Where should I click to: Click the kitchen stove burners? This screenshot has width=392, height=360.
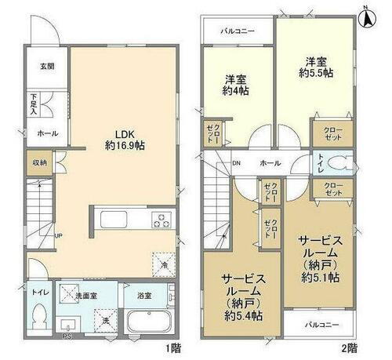click(162, 220)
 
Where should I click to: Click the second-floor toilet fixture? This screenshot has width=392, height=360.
click(339, 165)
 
